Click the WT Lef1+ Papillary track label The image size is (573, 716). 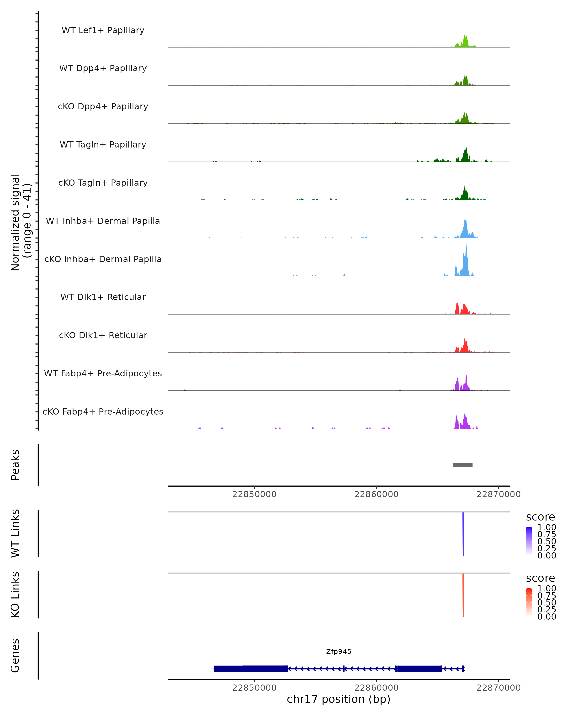(103, 30)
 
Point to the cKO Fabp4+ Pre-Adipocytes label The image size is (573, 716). (103, 412)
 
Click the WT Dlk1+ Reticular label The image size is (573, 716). (103, 297)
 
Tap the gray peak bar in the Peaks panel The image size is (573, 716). (463, 465)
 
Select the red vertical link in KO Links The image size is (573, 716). (463, 595)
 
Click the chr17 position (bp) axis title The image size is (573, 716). (339, 699)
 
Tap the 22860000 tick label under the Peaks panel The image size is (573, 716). (376, 495)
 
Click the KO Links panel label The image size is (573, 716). (15, 595)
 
